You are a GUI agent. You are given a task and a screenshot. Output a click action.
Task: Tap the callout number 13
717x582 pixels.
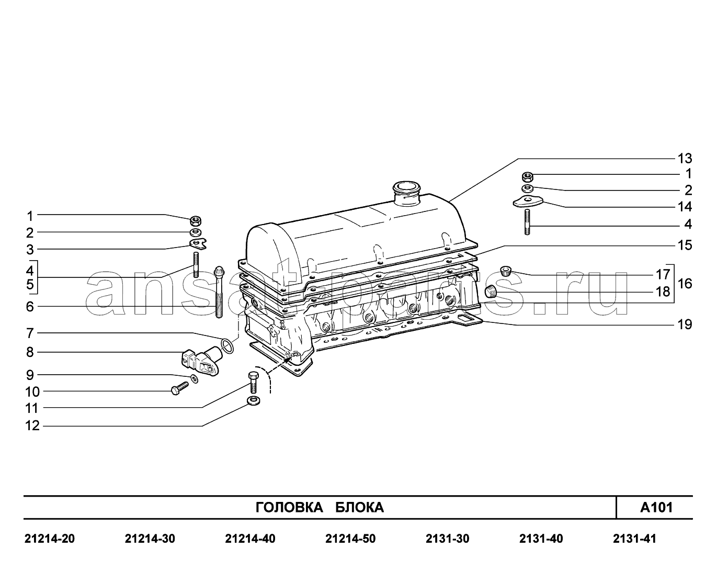point(685,158)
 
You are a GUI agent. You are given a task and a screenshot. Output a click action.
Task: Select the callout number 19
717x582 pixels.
point(685,324)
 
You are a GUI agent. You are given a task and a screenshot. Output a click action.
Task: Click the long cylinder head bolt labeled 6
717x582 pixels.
point(219,292)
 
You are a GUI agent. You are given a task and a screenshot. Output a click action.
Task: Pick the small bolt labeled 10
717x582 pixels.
point(180,388)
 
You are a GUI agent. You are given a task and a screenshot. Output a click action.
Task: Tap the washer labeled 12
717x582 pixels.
point(254,401)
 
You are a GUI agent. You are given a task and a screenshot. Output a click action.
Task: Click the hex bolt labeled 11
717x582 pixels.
point(254,382)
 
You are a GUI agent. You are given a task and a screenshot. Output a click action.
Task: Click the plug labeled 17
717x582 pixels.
point(506,271)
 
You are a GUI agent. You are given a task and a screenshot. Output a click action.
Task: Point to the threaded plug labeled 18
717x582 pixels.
point(491,292)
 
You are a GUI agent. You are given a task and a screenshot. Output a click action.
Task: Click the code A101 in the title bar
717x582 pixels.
point(656,507)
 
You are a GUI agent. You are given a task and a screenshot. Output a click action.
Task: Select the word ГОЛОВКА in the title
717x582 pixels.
point(289,507)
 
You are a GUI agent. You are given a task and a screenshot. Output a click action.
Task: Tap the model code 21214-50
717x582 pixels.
point(350,539)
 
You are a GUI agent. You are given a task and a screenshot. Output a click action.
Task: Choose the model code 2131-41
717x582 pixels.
point(634,539)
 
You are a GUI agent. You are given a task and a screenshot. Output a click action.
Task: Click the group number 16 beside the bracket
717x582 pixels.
point(685,284)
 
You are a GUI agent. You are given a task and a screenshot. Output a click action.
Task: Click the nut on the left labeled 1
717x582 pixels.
point(196,221)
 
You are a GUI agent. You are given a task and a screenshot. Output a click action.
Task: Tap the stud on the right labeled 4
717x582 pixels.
point(527,222)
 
